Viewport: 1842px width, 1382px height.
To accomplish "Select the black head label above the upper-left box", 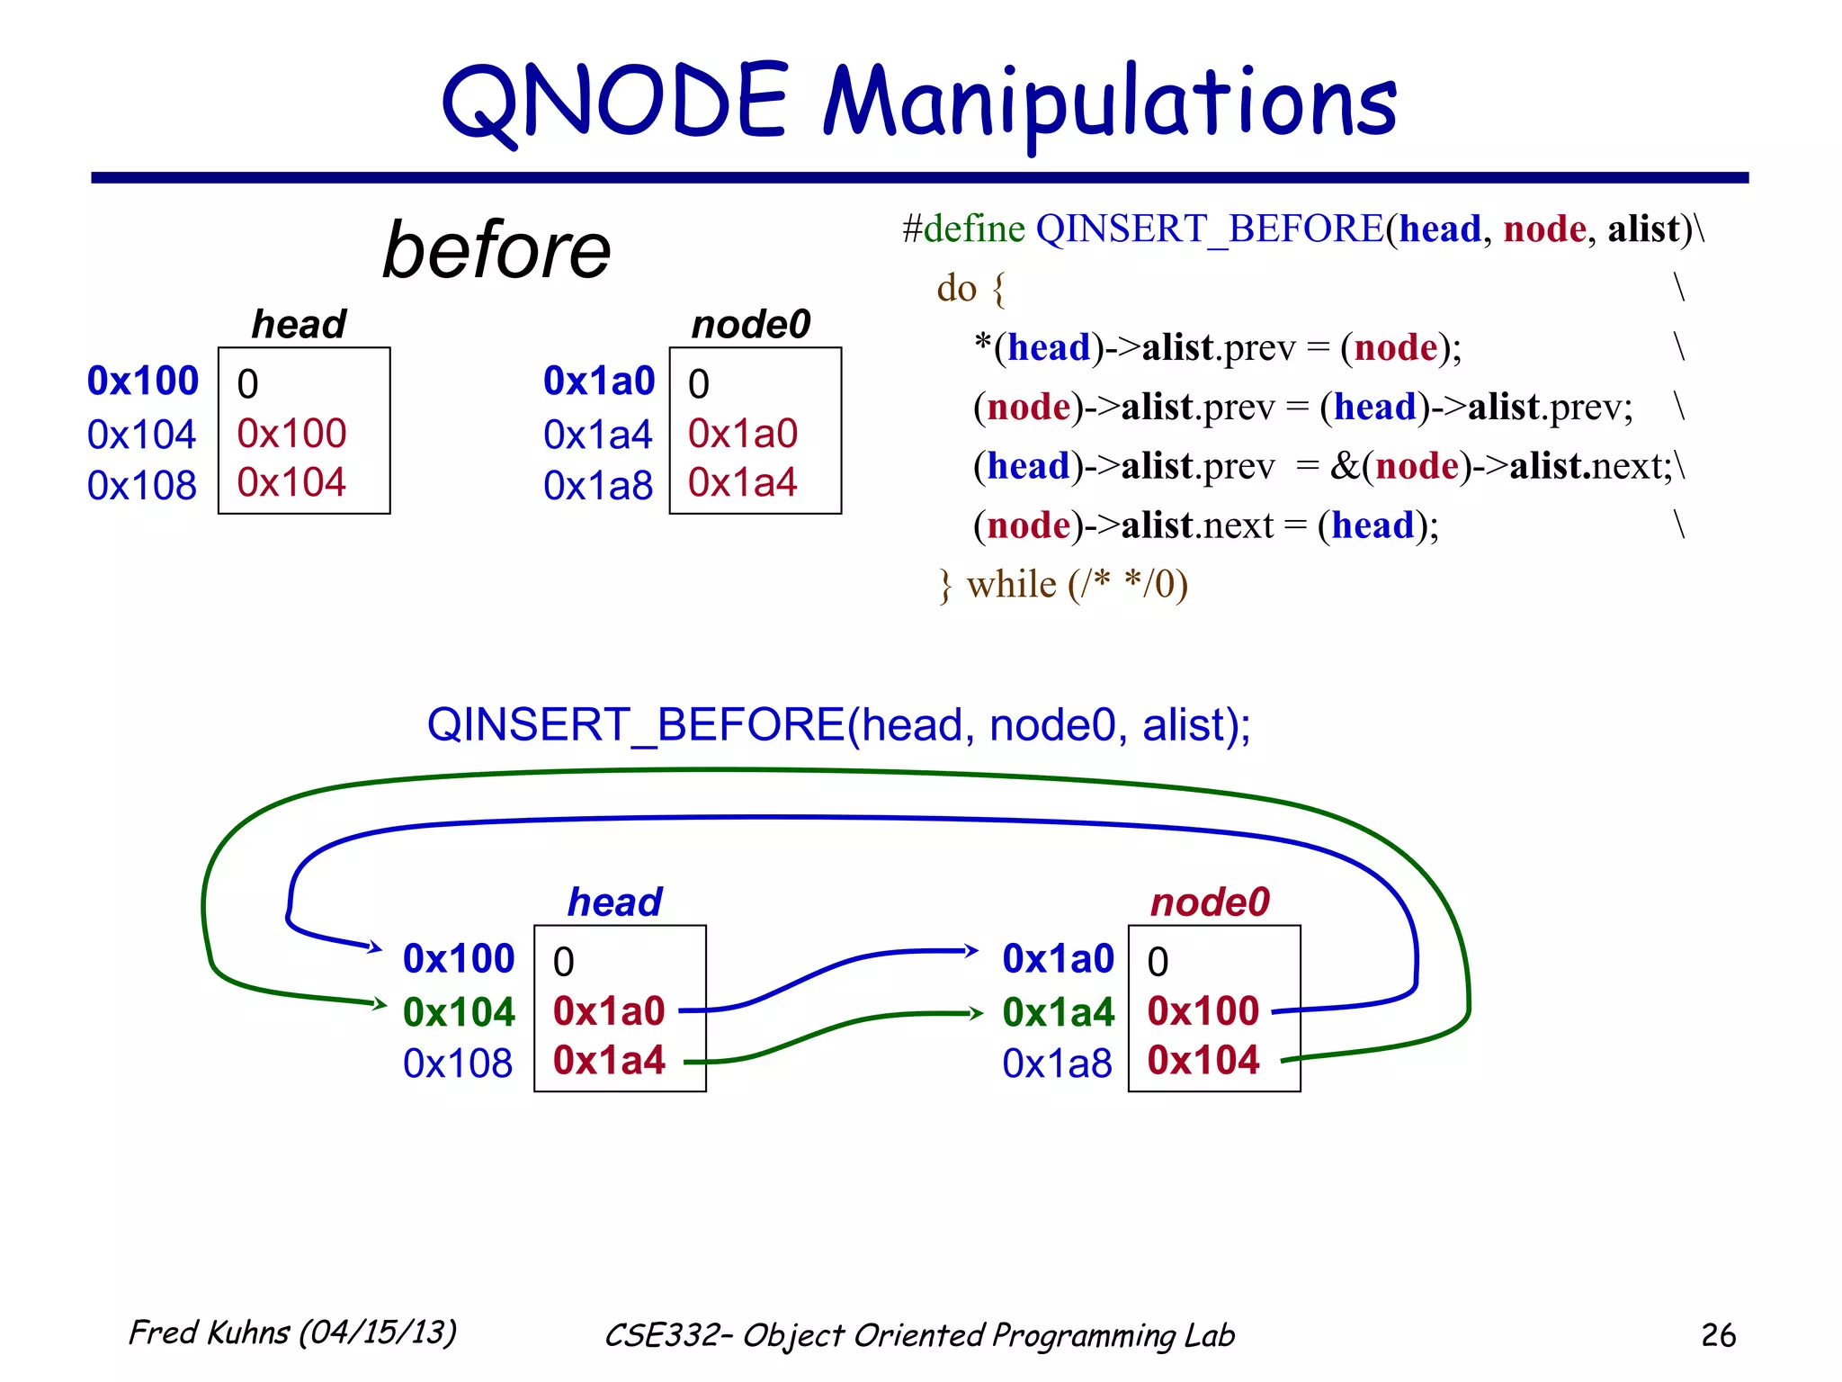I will [299, 324].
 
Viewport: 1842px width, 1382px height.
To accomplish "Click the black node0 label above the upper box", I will [751, 324].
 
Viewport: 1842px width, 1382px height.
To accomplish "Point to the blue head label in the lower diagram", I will [615, 902].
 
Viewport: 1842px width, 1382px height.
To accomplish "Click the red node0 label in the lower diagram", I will [1210, 902].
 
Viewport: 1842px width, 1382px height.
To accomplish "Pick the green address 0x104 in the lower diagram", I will [459, 1012].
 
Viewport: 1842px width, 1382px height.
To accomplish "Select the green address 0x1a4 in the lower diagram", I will [1058, 1012].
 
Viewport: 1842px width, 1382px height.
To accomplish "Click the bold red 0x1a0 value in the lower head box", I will [609, 1011].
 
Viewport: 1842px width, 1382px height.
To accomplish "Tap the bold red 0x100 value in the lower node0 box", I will [1203, 1011].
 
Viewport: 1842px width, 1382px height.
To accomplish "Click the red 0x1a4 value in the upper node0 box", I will [742, 483].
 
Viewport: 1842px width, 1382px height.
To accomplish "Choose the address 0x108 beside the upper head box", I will [142, 486].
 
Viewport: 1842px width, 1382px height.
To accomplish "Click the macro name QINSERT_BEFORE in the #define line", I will [1210, 229].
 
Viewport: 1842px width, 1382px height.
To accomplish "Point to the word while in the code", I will [1012, 585].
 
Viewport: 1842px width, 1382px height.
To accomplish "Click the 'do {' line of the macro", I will [970, 288].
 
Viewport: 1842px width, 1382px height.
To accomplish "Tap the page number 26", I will [1718, 1334].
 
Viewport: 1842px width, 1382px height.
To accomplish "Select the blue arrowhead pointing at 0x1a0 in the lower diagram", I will [970, 950].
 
